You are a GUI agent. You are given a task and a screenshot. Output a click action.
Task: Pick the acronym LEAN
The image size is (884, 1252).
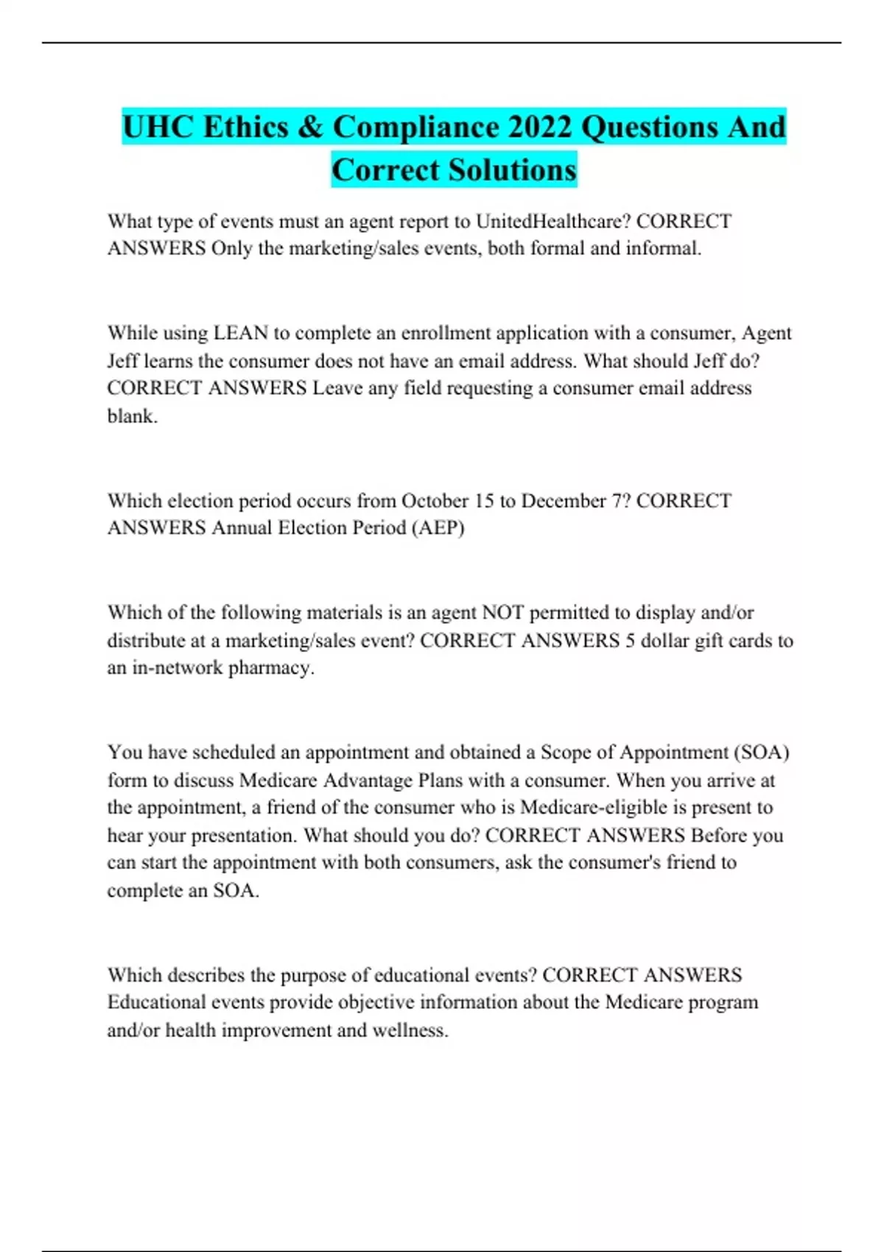[240, 333]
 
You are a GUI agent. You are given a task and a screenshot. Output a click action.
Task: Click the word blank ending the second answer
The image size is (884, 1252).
[132, 416]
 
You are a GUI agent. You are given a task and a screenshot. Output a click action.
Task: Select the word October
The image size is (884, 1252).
[435, 501]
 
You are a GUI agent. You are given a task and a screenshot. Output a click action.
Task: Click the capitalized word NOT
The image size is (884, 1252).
[502, 613]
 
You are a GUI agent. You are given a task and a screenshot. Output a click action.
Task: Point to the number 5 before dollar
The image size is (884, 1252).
[630, 640]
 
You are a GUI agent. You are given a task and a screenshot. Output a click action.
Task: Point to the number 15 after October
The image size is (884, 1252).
[484, 501]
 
